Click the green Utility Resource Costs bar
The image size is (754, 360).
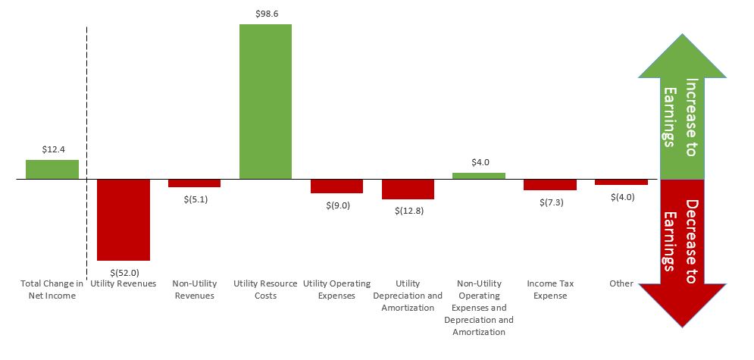pos(265,102)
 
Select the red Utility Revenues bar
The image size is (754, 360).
pos(124,220)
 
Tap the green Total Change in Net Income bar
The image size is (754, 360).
pos(52,170)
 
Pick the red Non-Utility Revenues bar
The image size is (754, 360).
pos(194,183)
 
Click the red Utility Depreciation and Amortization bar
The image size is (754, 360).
pos(408,189)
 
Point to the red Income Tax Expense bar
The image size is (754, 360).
pos(550,185)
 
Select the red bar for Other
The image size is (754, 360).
pos(621,183)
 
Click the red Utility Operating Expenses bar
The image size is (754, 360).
pos(336,186)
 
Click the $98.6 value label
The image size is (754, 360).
pos(265,14)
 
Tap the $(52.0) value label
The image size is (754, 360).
pos(124,271)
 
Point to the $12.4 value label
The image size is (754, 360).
pos(52,149)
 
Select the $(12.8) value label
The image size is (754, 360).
pos(408,210)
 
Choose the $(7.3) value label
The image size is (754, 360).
pos(551,202)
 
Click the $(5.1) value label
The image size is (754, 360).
pos(195,199)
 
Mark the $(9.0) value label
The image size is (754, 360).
pos(337,205)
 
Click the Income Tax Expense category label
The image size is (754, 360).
pos(550,290)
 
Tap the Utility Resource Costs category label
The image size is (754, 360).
pos(266,290)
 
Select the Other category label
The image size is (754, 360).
pos(621,283)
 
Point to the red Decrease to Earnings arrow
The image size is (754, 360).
pos(683,243)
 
